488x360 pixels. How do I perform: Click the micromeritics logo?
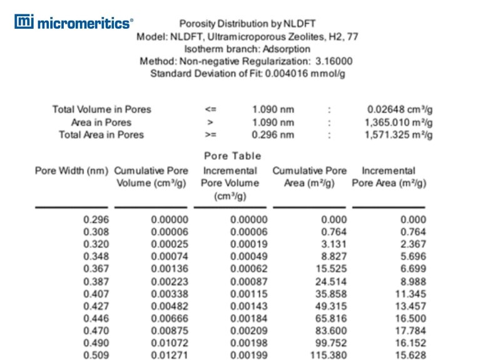click(x=74, y=23)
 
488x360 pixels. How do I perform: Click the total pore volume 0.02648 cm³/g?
click(x=400, y=109)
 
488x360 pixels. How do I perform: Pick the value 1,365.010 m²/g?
click(x=399, y=122)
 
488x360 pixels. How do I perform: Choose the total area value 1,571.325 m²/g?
click(x=399, y=135)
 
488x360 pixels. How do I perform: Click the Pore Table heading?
click(x=232, y=156)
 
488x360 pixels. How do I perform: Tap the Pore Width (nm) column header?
click(x=71, y=171)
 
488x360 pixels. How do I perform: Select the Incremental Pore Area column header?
click(x=389, y=177)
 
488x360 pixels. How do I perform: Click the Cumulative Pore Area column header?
click(x=309, y=177)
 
